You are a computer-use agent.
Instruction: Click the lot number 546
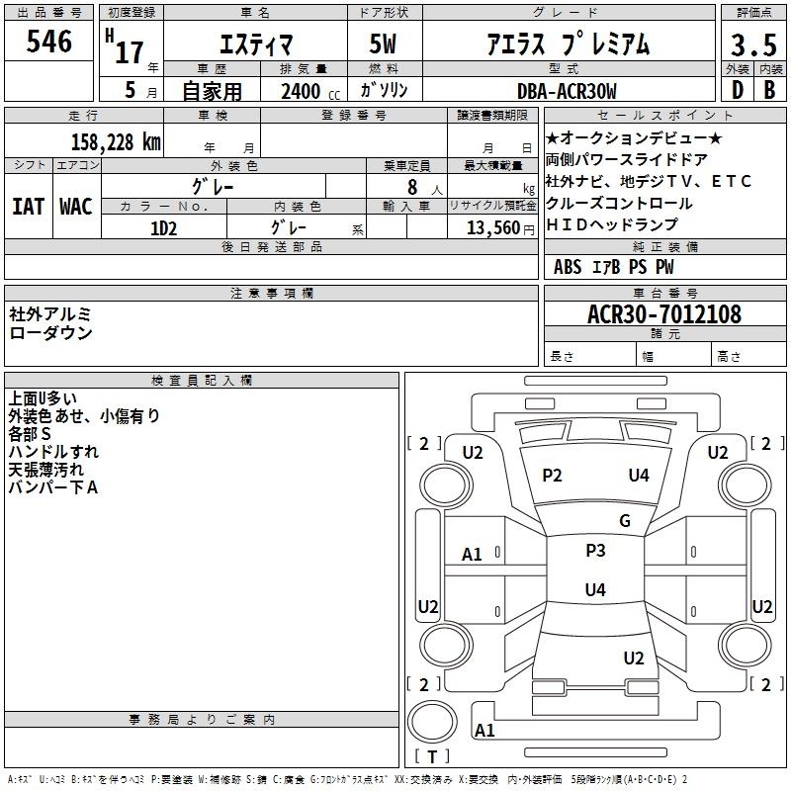48,42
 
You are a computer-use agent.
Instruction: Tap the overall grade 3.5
753,45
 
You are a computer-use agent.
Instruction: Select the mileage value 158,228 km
116,142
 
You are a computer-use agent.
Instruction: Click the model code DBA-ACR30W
567,91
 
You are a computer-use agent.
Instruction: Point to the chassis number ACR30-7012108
664,314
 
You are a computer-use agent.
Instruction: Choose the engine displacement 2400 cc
310,91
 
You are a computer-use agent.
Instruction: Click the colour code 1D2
164,228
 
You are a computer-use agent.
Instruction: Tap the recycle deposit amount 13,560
493,228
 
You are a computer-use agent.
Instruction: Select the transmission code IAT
29,207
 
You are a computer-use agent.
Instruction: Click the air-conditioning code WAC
76,207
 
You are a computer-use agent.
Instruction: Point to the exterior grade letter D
738,90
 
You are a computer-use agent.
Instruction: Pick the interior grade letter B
769,90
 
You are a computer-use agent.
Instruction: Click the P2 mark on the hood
552,476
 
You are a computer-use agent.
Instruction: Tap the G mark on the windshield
625,520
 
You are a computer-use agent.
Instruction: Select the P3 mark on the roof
595,551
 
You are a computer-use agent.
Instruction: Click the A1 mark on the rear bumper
484,730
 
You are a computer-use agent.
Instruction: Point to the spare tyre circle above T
432,722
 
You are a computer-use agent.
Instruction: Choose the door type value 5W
383,44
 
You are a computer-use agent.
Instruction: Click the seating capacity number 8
412,187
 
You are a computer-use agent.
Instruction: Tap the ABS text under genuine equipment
568,267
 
